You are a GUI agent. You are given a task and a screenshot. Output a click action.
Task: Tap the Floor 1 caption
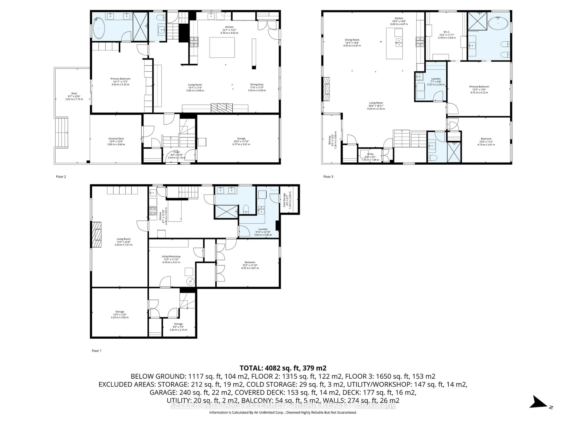point(96,351)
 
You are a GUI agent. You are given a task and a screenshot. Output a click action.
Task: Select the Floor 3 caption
point(328,177)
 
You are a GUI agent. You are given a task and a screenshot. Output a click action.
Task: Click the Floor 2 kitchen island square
point(222,48)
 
